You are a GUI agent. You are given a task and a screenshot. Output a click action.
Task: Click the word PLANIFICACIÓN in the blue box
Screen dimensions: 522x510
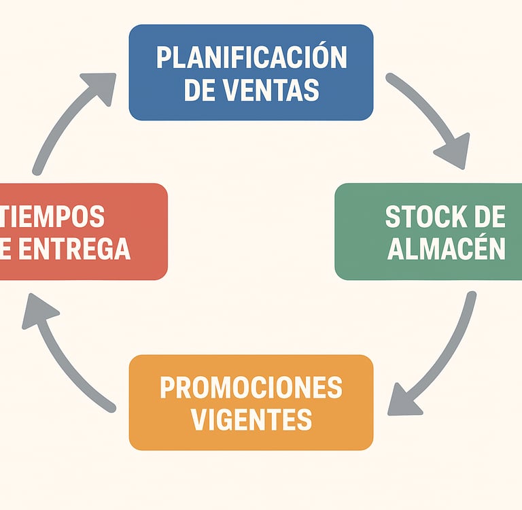(x=251, y=58)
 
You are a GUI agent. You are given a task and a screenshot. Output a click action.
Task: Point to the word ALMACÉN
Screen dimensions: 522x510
(x=446, y=249)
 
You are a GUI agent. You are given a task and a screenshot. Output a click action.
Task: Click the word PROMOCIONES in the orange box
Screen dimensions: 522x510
(x=251, y=388)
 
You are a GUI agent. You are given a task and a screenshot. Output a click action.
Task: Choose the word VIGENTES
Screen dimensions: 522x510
(x=251, y=420)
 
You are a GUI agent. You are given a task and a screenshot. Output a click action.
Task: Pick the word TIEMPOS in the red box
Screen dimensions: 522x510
(x=54, y=217)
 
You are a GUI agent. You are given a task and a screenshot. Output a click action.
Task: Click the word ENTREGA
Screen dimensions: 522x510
(x=75, y=249)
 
